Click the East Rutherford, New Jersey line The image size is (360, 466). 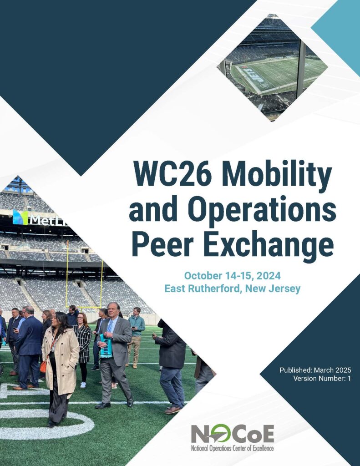pyautogui.click(x=233, y=289)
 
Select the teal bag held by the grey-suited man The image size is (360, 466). pyautogui.click(x=106, y=345)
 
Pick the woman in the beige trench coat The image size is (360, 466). pyautogui.click(x=61, y=360)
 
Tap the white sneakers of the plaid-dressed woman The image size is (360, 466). pyautogui.click(x=83, y=385)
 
